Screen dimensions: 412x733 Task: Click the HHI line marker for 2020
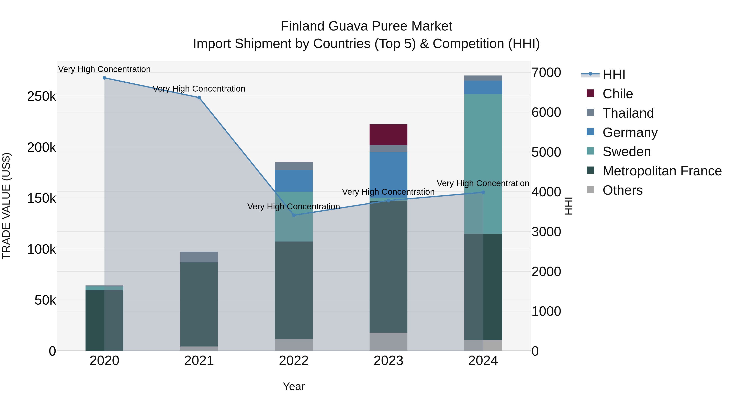click(104, 78)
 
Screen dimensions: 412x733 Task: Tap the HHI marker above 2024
click(483, 192)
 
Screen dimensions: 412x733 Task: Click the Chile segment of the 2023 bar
click(388, 134)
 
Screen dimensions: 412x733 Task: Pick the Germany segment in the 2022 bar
click(294, 181)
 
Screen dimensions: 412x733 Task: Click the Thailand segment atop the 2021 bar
click(199, 257)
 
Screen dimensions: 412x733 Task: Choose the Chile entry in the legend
click(618, 94)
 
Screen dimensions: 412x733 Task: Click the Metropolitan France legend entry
click(662, 171)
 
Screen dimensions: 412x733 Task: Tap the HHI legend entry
click(614, 74)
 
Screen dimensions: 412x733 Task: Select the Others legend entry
click(622, 190)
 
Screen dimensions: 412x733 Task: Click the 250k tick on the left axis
click(42, 97)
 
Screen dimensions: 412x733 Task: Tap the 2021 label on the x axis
click(199, 361)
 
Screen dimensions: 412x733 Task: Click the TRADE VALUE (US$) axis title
click(6, 206)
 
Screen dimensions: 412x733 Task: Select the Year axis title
click(294, 386)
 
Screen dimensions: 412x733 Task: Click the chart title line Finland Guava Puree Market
click(366, 26)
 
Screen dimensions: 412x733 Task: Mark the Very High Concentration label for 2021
click(199, 89)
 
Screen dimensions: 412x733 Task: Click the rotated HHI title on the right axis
click(568, 206)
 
